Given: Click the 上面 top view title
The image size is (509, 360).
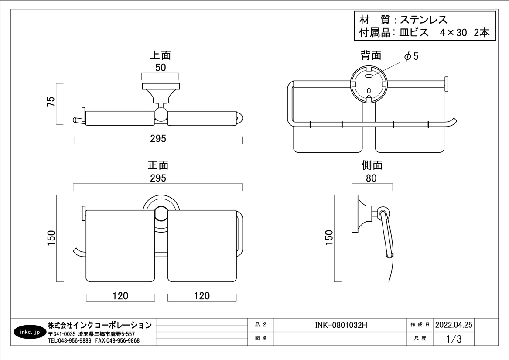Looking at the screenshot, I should [x=160, y=55].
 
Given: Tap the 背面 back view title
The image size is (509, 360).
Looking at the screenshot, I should [x=371, y=55].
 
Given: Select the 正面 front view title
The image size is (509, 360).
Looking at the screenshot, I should [x=158, y=165].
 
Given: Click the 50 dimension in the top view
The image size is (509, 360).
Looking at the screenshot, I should [x=161, y=68].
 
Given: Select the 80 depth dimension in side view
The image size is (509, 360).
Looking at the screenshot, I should [x=372, y=178].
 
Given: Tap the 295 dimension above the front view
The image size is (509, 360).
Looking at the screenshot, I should [x=158, y=178].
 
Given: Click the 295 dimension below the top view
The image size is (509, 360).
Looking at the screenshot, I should [x=158, y=139].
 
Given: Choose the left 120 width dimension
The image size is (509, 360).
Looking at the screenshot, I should [x=120, y=296].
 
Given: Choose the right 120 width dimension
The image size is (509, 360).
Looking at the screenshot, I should [x=202, y=296].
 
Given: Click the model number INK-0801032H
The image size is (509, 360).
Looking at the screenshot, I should [x=341, y=325].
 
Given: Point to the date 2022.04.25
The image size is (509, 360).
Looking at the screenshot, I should [x=454, y=325].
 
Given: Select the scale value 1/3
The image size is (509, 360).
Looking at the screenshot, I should [x=454, y=339].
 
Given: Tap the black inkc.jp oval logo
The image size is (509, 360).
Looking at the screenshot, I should [x=30, y=332].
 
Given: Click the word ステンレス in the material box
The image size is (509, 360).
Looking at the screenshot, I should [x=424, y=20].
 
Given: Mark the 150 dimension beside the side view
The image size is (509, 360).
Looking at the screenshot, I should [x=329, y=238].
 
